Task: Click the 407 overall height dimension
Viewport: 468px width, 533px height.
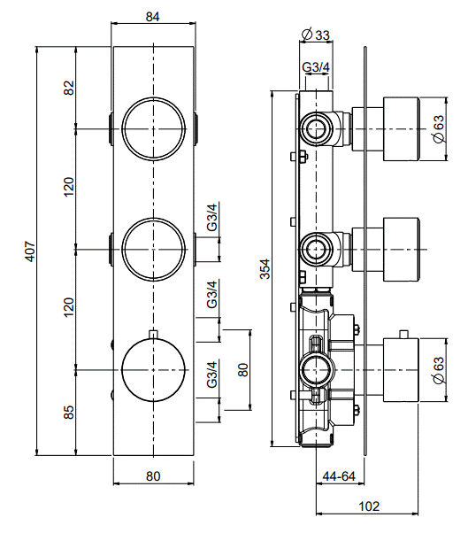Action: pos(31,251)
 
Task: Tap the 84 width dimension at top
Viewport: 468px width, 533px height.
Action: pos(153,17)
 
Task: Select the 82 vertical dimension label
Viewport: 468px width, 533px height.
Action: pos(69,88)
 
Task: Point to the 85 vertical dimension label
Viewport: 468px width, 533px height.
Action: pos(69,412)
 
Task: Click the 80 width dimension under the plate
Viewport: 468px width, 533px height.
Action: pos(153,476)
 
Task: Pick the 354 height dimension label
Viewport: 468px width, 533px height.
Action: pos(265,269)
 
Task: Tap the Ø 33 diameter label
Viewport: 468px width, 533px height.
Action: pos(316,35)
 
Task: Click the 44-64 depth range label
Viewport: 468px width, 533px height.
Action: pos(339,476)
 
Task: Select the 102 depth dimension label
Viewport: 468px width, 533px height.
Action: pos(369,506)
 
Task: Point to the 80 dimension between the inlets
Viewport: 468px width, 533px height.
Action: pos(244,370)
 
